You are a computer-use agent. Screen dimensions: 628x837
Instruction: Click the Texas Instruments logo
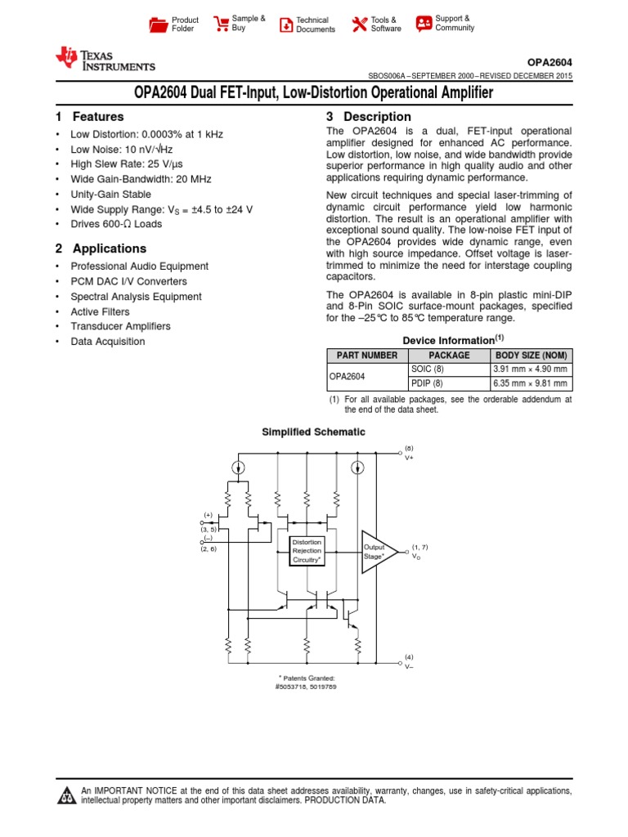coord(105,59)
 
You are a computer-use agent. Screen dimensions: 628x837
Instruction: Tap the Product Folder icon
coord(159,25)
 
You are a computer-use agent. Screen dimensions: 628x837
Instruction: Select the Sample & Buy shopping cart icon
coord(221,24)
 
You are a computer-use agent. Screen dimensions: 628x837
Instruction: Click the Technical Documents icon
coord(285,25)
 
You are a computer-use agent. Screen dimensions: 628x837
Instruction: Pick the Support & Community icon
coord(424,23)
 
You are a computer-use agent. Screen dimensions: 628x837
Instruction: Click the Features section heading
coord(89,117)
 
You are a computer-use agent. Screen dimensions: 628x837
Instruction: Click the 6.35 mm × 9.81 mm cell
coord(529,383)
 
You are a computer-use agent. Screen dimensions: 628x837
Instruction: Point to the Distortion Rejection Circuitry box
coord(307,551)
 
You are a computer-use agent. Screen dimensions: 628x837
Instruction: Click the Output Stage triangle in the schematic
coord(378,551)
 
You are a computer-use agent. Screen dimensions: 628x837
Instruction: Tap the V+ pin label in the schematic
coord(410,458)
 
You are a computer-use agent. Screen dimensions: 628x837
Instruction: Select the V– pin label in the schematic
coord(410,667)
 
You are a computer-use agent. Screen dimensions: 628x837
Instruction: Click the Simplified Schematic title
coord(313,432)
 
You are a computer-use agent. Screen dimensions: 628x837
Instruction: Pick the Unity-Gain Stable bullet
coord(111,195)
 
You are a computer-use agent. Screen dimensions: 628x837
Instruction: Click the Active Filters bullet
coord(100,311)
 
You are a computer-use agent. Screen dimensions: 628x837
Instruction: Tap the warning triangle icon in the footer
coord(66,796)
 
